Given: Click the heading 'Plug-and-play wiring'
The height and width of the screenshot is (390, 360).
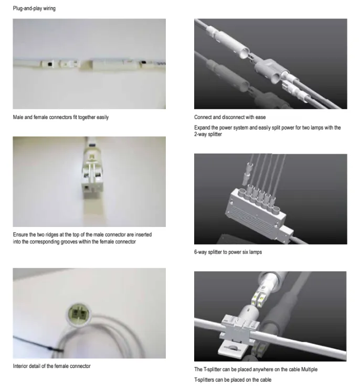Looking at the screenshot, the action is [34, 8].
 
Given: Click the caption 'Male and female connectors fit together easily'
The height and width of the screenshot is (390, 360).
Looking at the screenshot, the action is [61, 117].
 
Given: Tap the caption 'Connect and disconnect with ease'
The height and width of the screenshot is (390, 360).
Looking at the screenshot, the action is [230, 117].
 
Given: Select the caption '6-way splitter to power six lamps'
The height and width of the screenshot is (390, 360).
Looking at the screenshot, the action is [228, 252].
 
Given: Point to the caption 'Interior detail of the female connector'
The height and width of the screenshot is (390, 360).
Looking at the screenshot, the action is [51, 366].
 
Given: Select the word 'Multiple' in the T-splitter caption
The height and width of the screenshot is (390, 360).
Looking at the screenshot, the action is [309, 370].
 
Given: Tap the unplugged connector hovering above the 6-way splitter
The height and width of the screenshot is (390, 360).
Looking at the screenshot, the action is [247, 174].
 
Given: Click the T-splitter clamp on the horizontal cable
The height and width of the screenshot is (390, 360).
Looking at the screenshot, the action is [239, 328].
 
